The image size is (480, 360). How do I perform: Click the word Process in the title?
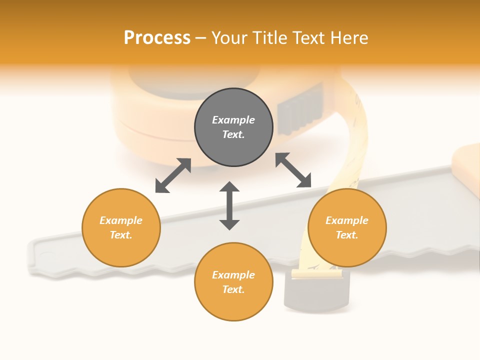157,37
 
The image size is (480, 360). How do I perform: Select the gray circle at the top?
233,127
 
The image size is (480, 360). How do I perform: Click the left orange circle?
121,227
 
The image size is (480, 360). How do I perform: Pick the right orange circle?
347,227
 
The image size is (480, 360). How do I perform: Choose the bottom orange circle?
233,281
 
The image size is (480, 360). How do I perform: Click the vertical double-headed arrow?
229,205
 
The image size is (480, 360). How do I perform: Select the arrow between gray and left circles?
173,175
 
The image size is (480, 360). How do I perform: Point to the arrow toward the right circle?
293,170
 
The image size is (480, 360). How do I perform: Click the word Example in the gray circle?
233,120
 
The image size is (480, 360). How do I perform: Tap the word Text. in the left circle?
121,235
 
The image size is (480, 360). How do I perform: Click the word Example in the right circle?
347,220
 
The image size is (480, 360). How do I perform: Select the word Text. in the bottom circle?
233,289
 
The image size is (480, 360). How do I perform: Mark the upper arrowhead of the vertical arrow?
229,187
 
